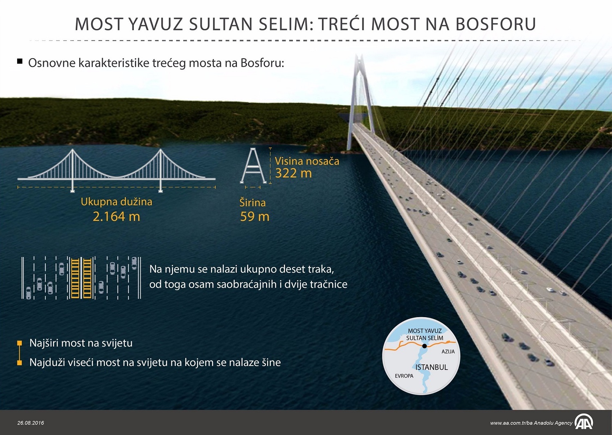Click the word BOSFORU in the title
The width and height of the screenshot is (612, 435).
point(495,24)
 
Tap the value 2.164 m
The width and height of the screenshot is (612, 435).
point(117,216)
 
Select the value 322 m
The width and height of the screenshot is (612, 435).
point(293,173)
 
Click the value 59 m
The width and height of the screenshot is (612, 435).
point(254,216)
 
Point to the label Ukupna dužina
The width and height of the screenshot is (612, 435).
point(117,202)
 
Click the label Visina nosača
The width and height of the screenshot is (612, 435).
point(307,161)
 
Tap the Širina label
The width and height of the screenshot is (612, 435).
point(252,203)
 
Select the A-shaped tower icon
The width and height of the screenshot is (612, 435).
point(253,166)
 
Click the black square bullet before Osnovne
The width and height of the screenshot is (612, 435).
point(20,61)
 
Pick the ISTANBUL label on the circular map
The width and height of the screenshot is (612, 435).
point(432,367)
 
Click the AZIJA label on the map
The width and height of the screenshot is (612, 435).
point(448,352)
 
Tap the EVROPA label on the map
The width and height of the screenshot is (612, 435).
point(404,376)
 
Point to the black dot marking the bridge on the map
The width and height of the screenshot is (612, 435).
point(424,346)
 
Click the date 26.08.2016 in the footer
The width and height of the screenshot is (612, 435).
point(31,423)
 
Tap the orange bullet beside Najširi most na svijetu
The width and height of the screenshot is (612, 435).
point(19,343)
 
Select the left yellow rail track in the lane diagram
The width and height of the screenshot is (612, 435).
point(75,278)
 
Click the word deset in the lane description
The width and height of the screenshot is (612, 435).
point(288,269)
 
